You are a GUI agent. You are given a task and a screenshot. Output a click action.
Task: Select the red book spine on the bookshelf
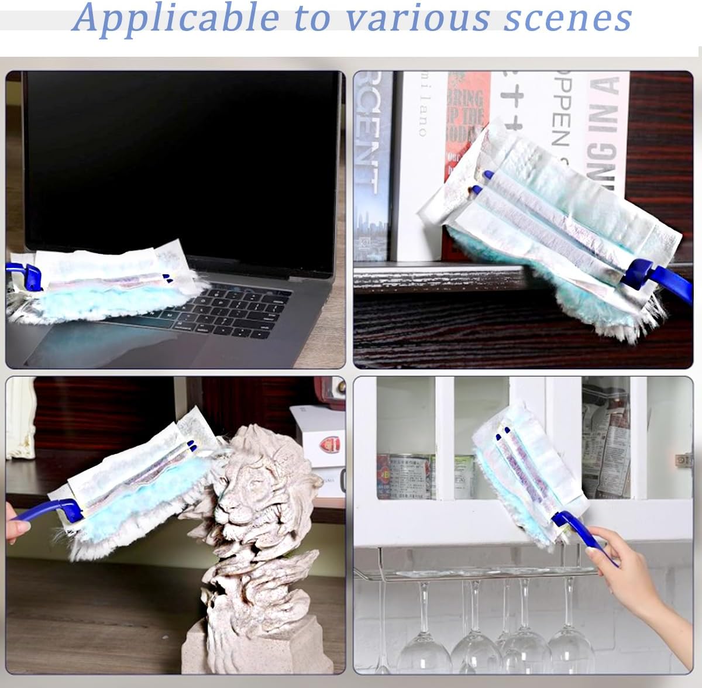465,123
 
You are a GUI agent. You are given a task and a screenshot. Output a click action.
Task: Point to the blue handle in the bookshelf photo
655,275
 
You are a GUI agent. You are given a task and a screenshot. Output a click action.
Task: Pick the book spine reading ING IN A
605,135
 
